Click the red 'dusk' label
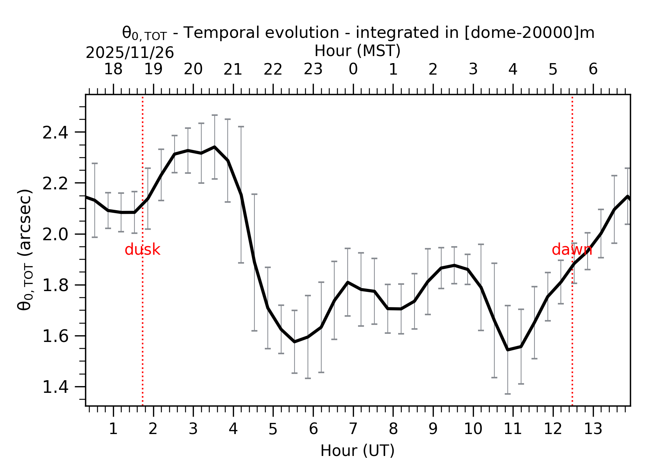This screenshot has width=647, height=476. pyautogui.click(x=142, y=250)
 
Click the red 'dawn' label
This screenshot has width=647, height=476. pyautogui.click(x=572, y=250)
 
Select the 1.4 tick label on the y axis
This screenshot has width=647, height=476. pyautogui.click(x=55, y=388)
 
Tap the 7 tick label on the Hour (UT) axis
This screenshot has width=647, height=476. pyautogui.click(x=353, y=429)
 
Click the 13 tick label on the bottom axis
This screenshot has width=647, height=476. pyautogui.click(x=593, y=429)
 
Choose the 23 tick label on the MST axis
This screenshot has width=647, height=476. pyautogui.click(x=313, y=69)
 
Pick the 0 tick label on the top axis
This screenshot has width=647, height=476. pyautogui.click(x=353, y=69)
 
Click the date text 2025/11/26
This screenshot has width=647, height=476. pyautogui.click(x=130, y=53)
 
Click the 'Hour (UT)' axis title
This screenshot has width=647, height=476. pyautogui.click(x=357, y=451)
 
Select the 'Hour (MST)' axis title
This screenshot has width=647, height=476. pyautogui.click(x=357, y=51)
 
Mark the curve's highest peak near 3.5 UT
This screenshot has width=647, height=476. pyautogui.click(x=214, y=147)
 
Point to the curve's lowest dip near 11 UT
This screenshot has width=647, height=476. pyautogui.click(x=507, y=349)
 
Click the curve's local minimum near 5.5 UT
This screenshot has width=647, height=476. pyautogui.click(x=295, y=342)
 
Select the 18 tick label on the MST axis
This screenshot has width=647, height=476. pyautogui.click(x=113, y=69)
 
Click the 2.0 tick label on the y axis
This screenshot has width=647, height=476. pyautogui.click(x=55, y=235)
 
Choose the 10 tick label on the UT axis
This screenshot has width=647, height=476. pyautogui.click(x=473, y=429)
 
